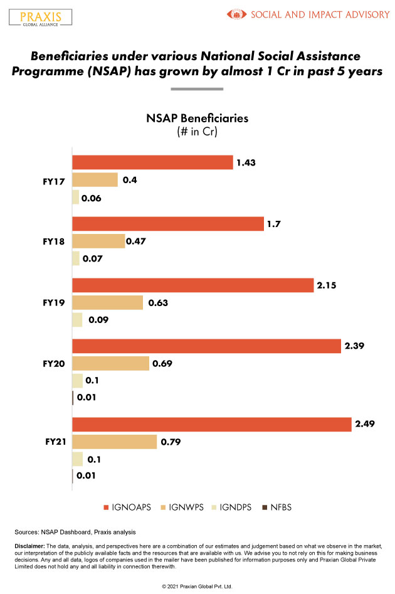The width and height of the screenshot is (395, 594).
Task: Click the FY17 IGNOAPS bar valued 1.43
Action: pyautogui.click(x=152, y=162)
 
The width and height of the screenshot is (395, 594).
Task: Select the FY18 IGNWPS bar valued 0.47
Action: pyautogui.click(x=98, y=241)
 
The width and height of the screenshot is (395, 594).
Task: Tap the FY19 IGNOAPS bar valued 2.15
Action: pyautogui.click(x=192, y=285)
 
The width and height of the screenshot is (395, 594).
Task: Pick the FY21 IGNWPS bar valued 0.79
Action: pyautogui.click(x=114, y=442)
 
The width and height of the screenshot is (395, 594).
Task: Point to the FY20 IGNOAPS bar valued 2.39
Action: pyautogui.click(x=207, y=346)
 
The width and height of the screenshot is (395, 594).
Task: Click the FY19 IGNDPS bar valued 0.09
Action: pyautogui.click(x=77, y=320)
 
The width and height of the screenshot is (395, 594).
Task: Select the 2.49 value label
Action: pyautogui.click(x=366, y=425)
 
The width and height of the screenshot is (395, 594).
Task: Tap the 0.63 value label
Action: pyautogui.click(x=158, y=303)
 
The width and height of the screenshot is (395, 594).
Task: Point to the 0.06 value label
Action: pyautogui.click(x=91, y=198)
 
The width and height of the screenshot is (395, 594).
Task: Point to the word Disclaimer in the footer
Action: pyautogui.click(x=28, y=546)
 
